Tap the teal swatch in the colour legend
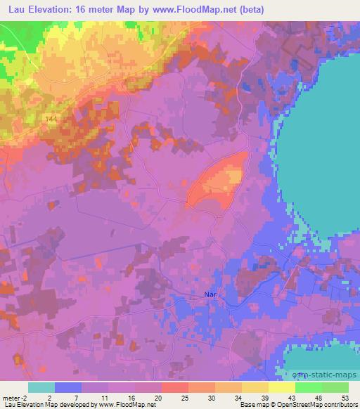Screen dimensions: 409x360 (41, 387)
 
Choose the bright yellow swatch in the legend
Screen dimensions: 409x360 (281, 387)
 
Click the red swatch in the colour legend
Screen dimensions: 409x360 (174, 387)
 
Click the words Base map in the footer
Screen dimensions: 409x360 (259, 405)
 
